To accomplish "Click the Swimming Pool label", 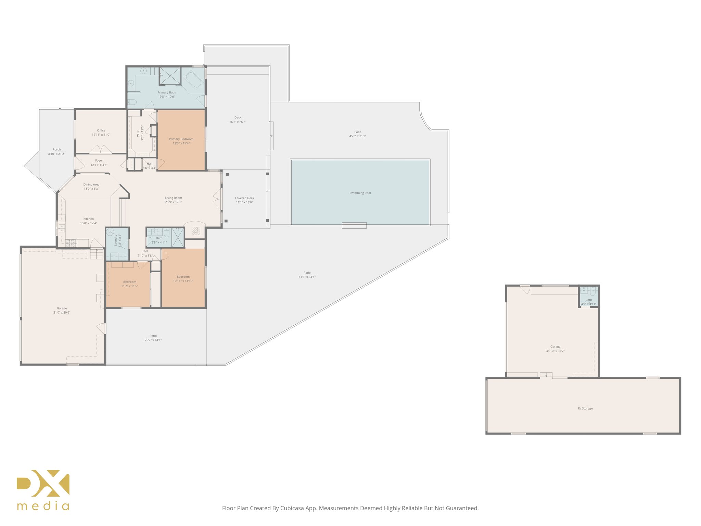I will (360, 193).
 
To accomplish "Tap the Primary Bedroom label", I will (181, 139).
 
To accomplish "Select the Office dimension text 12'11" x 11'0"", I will (101, 135).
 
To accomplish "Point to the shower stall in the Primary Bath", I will (170, 76).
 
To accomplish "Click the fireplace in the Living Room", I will (195, 231).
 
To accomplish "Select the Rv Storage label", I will (585, 408).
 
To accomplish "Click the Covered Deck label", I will (244, 198).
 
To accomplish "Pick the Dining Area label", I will (91, 184).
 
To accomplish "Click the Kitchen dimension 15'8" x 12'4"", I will (89, 223).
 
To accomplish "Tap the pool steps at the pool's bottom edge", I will (354, 225).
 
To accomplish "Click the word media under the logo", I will (43, 506).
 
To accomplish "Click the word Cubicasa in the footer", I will (292, 508).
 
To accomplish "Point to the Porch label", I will (56, 149).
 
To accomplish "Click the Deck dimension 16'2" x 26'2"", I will (238, 122).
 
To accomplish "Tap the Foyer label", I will (99, 160).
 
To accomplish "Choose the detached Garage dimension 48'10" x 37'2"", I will (555, 351).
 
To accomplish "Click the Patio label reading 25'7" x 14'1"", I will (153, 340).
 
